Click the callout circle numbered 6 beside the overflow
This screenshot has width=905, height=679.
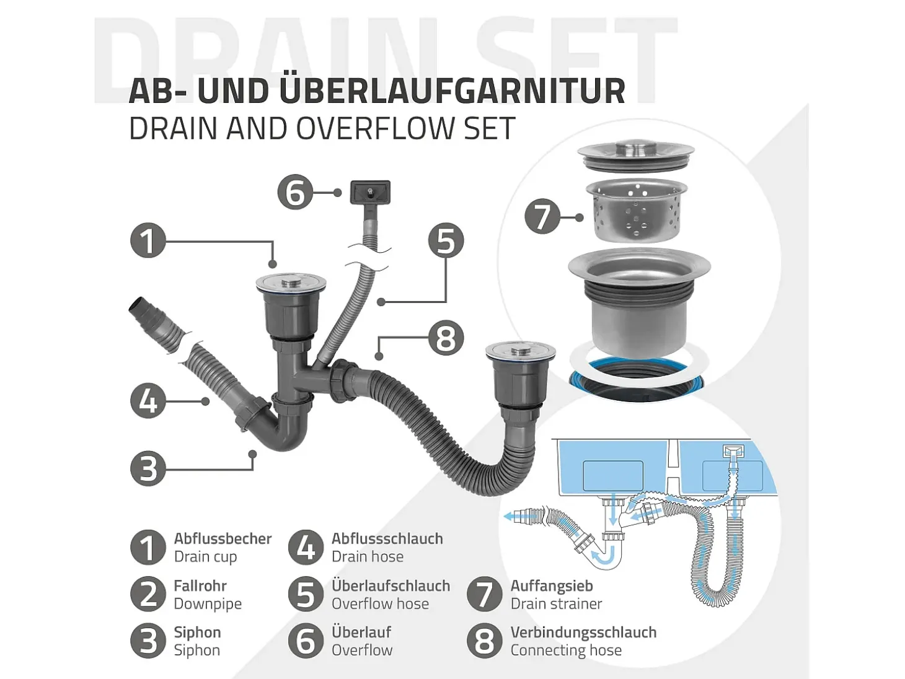pyautogui.click(x=295, y=193)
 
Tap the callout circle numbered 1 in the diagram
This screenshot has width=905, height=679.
pyautogui.click(x=148, y=240)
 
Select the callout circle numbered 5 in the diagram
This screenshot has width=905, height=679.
pyautogui.click(x=446, y=240)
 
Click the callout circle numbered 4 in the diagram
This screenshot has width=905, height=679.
pyautogui.click(x=148, y=400)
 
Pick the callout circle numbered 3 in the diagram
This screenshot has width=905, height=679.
pyautogui.click(x=148, y=468)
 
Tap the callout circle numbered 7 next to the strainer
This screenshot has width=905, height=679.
pyautogui.click(x=542, y=217)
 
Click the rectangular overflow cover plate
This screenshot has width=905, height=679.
pyautogui.click(x=370, y=192)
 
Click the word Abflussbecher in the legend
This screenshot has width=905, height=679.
pyautogui.click(x=223, y=538)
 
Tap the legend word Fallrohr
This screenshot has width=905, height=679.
pyautogui.click(x=200, y=585)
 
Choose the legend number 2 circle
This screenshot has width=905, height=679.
pyautogui.click(x=148, y=594)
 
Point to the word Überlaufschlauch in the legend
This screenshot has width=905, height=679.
pyautogui.click(x=391, y=585)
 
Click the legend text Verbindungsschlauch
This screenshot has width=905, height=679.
pyautogui.click(x=583, y=632)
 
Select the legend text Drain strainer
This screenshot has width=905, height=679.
pyautogui.click(x=556, y=603)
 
